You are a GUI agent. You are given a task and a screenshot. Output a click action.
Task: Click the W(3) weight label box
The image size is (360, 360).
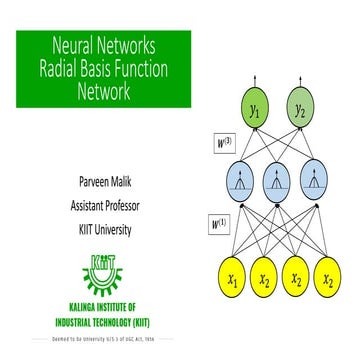(x=221, y=143)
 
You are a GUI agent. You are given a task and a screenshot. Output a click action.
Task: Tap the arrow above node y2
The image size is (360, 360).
(x=297, y=78)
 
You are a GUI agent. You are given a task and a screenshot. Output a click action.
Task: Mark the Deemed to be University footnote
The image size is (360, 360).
(x=104, y=339)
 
